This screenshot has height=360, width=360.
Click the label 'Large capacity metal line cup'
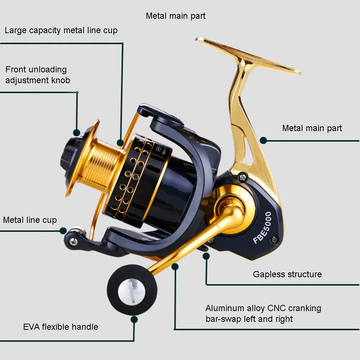61,30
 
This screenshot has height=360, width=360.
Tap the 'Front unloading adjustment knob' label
37,75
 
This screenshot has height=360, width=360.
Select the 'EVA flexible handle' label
60,327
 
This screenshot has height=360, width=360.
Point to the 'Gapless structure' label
287,274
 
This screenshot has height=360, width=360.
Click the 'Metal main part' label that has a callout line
312,128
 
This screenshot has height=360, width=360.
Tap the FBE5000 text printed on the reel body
262,228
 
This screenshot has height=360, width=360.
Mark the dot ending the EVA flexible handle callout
134,319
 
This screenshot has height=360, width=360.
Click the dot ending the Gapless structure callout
206,256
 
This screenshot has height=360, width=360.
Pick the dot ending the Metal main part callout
264,140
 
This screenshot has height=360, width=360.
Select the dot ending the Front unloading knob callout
76,132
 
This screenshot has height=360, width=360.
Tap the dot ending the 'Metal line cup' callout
63,230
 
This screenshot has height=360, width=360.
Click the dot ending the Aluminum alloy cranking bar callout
175,266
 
